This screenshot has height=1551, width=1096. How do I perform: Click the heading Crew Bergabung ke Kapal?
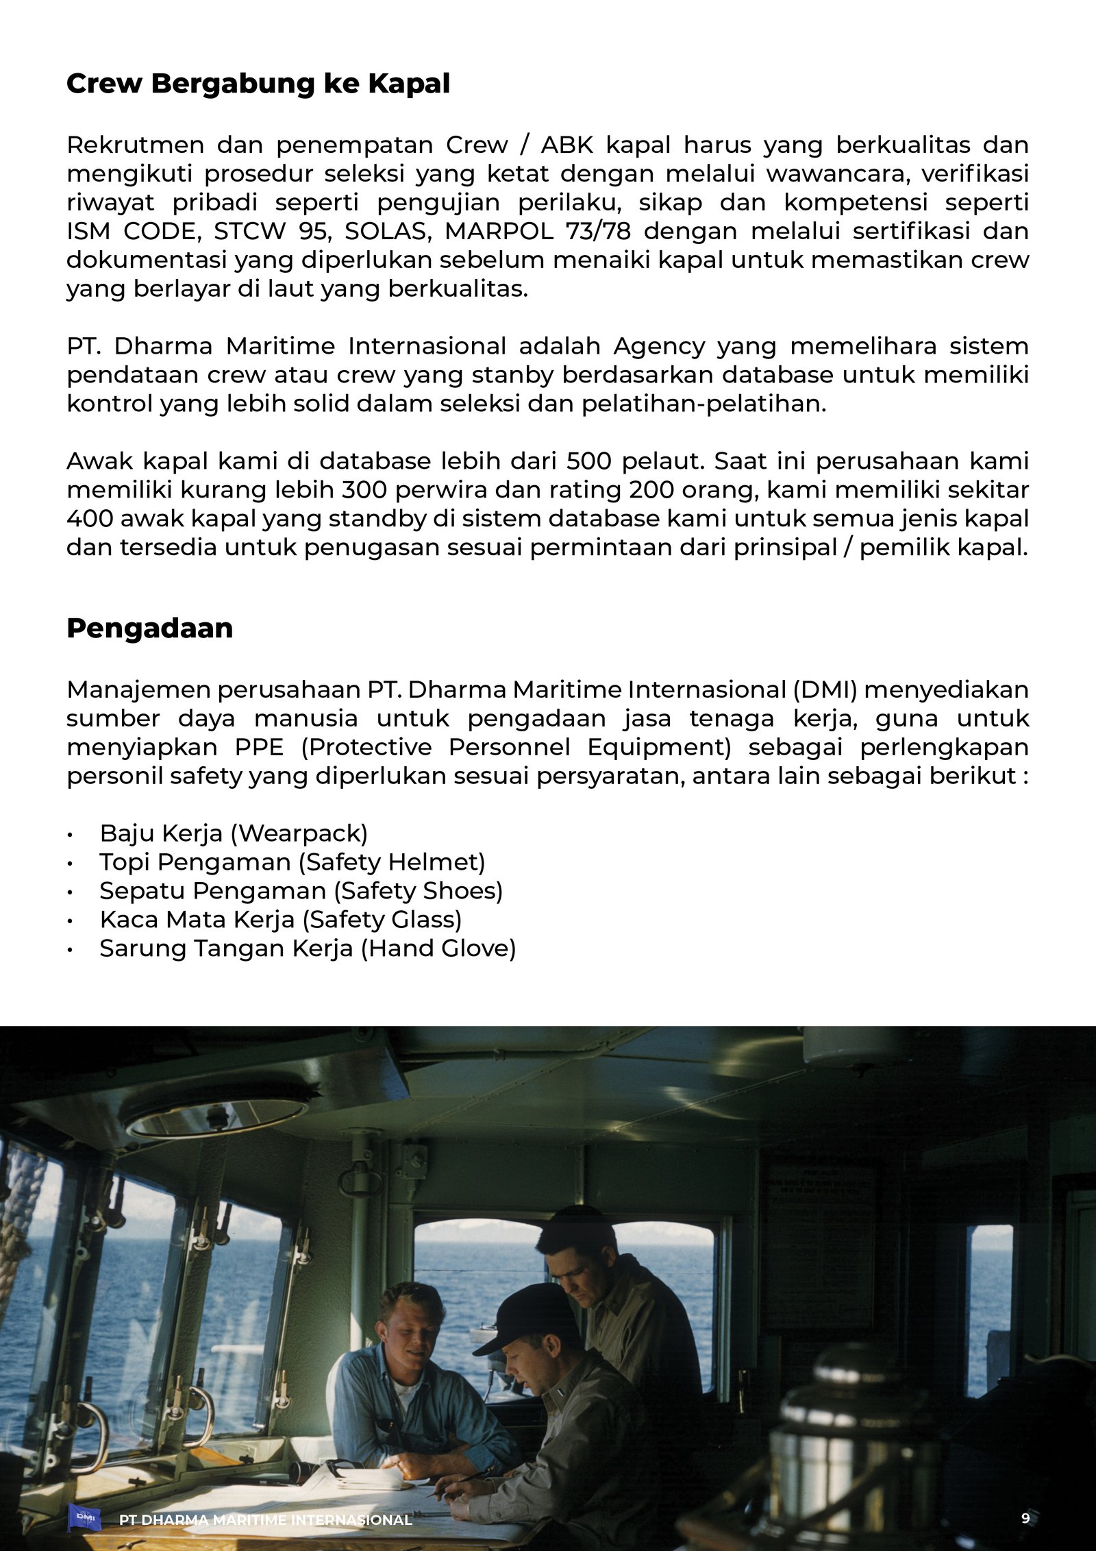pos(258,84)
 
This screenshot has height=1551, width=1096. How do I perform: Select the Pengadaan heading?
pos(149,628)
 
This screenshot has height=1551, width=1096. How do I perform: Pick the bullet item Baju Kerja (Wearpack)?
pos(234,833)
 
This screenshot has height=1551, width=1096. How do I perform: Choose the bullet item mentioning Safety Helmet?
pos(292,862)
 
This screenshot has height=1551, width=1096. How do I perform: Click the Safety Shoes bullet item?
pos(301,891)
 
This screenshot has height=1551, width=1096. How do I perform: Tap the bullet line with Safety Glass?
pos(280,920)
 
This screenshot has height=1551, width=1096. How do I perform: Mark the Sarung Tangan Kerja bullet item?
pos(307,949)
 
